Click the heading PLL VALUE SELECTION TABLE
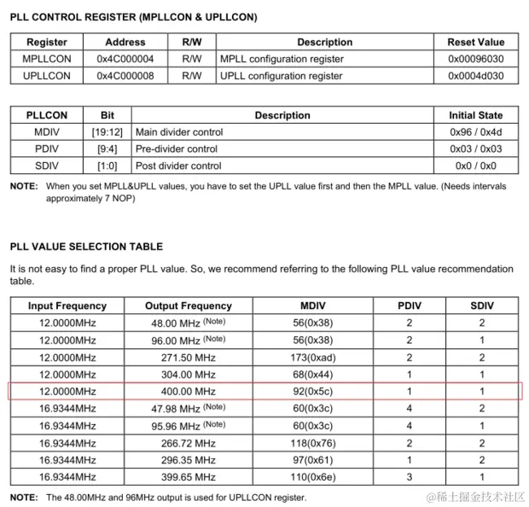coord(86,247)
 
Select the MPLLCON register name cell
coord(46,59)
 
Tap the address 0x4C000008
coord(125,76)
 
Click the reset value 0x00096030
coord(475,59)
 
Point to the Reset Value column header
coord(475,42)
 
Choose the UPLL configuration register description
coord(282,76)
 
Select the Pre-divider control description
coord(177,149)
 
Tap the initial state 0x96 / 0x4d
coord(475,132)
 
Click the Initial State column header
coord(475,115)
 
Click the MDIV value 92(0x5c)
coord(325,392)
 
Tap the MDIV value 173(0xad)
coord(325,357)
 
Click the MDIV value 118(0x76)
coord(325,443)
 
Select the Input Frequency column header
coord(67,306)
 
